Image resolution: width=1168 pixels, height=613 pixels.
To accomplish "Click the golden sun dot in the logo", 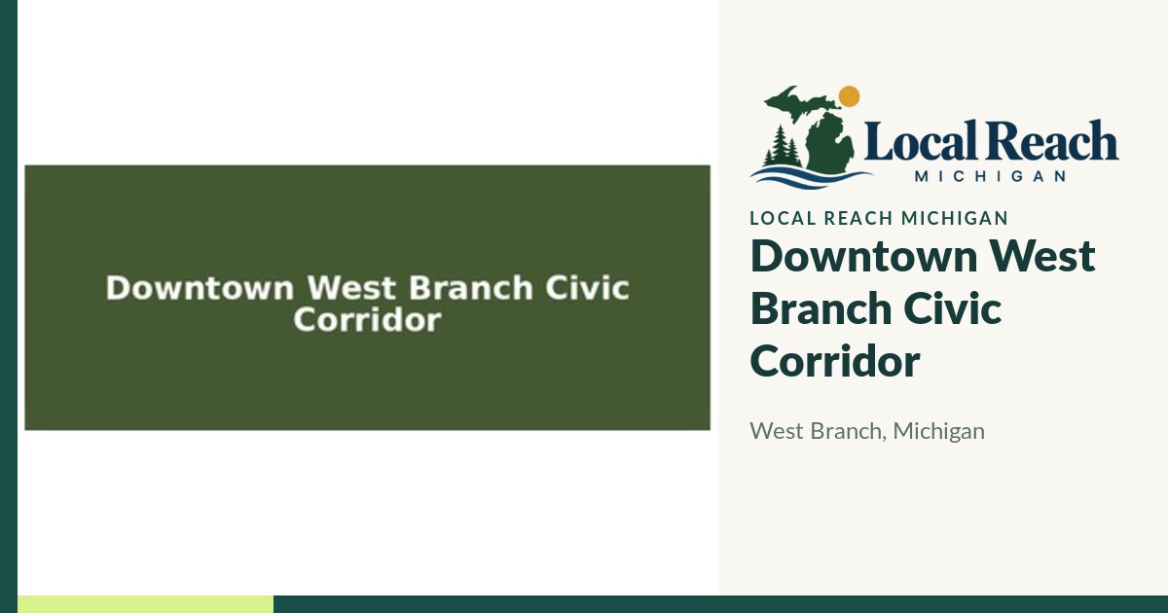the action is (x=849, y=96).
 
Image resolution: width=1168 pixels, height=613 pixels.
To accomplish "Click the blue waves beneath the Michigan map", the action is (x=812, y=177).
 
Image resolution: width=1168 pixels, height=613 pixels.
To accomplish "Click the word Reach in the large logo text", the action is (x=1051, y=140).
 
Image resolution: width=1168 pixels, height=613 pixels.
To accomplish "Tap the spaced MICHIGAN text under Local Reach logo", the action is (x=990, y=176).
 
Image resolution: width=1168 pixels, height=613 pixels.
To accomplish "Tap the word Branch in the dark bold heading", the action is (x=821, y=308).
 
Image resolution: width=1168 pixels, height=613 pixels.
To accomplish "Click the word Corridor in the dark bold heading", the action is (x=835, y=361).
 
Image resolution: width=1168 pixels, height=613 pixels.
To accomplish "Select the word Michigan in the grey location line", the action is (x=938, y=432).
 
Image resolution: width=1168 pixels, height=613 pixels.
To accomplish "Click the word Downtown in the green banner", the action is (x=200, y=288).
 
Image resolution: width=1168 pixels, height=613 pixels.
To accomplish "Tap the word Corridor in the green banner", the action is (x=367, y=319).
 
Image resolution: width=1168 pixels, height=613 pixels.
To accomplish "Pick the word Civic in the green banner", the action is (x=587, y=288).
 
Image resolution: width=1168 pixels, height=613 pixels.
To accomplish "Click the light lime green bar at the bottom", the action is (x=145, y=604).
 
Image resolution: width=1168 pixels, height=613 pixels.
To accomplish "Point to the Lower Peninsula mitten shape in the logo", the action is (x=829, y=142).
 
